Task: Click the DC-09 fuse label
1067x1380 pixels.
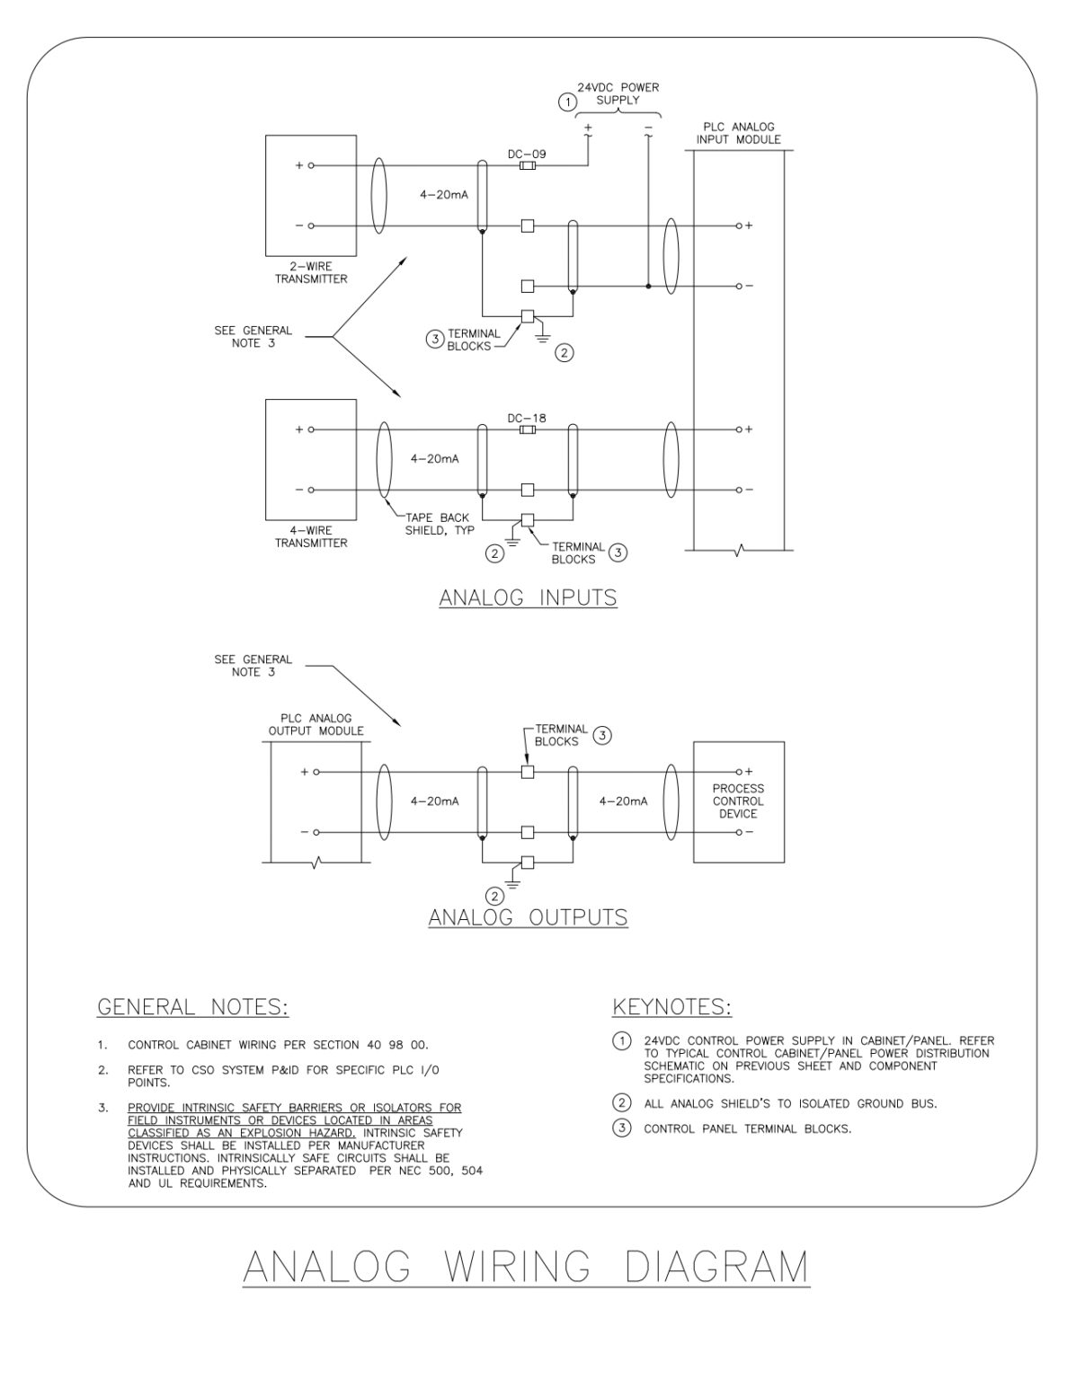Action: (x=527, y=154)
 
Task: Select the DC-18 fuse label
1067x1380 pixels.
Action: (x=527, y=418)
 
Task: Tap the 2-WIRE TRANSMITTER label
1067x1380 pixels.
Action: (x=311, y=272)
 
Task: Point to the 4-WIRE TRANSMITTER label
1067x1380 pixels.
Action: (x=311, y=536)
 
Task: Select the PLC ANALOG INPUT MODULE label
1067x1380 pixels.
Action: (x=738, y=133)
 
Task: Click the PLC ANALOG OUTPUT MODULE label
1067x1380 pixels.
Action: (x=316, y=724)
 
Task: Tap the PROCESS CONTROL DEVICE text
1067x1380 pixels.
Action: (x=738, y=801)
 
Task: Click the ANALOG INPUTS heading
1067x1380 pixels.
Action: (x=528, y=597)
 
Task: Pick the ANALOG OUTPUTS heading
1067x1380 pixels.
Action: (x=528, y=917)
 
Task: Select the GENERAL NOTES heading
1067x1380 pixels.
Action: (x=192, y=1007)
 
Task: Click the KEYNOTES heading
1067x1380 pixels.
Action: (x=671, y=1007)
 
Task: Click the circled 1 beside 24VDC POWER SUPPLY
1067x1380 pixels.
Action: (x=567, y=102)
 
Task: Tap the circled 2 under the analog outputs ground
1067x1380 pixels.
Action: (x=494, y=896)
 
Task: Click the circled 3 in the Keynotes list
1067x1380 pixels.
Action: (x=621, y=1128)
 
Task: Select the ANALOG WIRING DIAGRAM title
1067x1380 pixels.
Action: (x=527, y=1267)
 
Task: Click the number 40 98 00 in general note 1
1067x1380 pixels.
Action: (x=397, y=1045)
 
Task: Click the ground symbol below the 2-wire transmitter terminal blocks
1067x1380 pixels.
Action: (x=541, y=337)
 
